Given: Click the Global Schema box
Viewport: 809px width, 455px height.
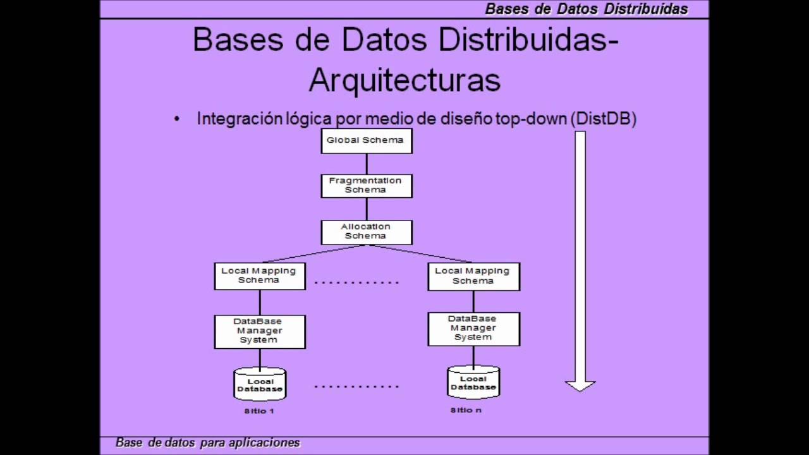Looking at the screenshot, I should click(367, 140).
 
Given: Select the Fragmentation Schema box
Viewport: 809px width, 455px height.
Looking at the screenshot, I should click(367, 185).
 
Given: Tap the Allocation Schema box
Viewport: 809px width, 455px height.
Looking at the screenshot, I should click(367, 231).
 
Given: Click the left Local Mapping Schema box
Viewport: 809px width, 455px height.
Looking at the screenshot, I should click(259, 276).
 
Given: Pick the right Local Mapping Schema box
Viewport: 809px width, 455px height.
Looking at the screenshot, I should click(473, 276).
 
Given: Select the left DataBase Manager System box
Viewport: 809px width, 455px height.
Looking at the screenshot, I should click(259, 331).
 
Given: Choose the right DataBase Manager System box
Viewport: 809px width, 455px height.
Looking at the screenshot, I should click(473, 329).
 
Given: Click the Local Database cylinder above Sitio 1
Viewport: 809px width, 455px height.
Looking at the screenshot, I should click(260, 384).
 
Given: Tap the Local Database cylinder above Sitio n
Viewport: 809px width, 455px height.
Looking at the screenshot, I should click(473, 382).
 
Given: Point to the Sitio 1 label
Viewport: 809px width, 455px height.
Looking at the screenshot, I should click(259, 411).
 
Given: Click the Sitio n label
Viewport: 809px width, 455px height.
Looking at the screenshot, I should click(466, 410).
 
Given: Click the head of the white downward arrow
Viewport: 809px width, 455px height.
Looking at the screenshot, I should click(580, 385).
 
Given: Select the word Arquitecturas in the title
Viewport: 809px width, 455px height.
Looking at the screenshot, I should click(404, 81).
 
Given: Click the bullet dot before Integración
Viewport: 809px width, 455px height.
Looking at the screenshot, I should click(177, 119).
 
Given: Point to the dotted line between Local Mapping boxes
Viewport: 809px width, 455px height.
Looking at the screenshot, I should click(356, 282).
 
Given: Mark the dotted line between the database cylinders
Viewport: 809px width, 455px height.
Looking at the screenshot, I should click(356, 386).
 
